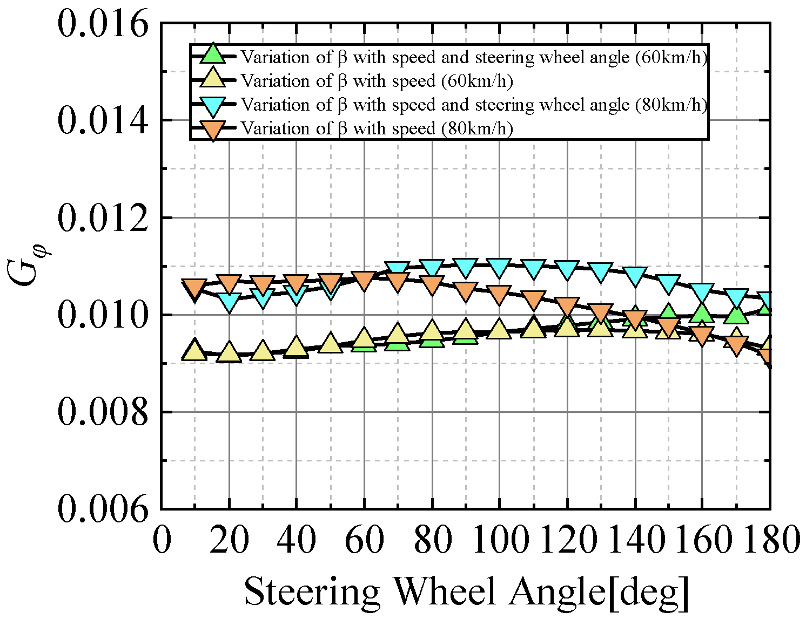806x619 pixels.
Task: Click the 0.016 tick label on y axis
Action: pos(103,24)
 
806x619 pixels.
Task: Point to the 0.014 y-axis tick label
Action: pos(103,120)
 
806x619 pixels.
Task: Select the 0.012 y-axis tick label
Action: pos(103,217)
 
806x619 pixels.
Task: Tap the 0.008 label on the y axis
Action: pos(103,412)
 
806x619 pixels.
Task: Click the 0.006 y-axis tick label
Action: pos(103,509)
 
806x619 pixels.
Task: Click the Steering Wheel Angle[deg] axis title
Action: pos(467,592)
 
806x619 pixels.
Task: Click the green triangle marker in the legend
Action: pos(213,55)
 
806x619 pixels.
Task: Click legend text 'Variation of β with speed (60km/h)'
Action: pos(377,81)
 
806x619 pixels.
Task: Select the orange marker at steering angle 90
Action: pos(465,292)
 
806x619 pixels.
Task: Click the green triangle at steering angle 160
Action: pos(702,312)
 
